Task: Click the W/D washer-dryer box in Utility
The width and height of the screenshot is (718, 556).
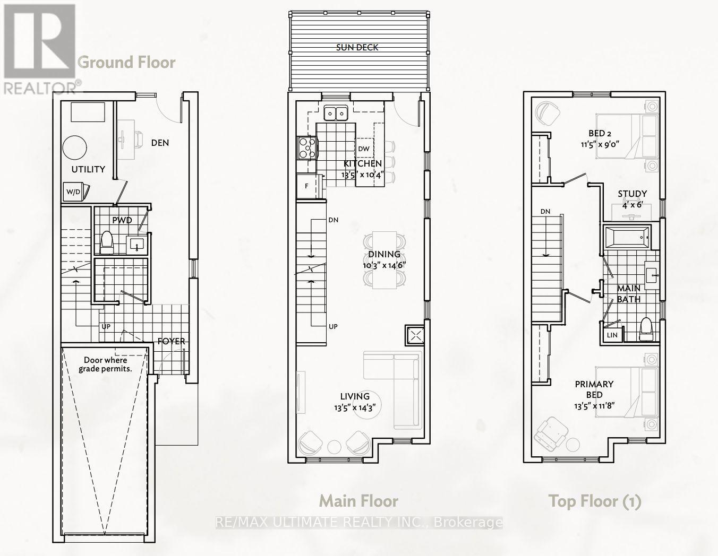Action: point(73,192)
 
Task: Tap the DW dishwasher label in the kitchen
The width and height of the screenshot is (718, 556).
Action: point(363,149)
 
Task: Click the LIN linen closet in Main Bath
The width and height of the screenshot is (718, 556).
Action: point(612,335)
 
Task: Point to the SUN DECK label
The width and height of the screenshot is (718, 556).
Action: point(357,48)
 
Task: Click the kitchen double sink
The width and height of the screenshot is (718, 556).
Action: point(336,114)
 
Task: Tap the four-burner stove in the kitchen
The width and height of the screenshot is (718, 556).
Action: point(306,148)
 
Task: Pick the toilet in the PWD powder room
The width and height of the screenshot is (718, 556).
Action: point(106,242)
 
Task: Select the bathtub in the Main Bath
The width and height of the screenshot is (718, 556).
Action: point(627,237)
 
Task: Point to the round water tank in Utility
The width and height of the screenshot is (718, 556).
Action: point(75,148)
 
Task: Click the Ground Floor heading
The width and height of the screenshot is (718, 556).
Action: point(126,63)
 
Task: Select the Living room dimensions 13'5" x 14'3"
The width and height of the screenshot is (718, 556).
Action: point(355,408)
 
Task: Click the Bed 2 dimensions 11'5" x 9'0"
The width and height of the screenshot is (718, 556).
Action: point(600,144)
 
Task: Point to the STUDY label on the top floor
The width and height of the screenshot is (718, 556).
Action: point(632,194)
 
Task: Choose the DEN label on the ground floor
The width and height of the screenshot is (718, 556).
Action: point(160,143)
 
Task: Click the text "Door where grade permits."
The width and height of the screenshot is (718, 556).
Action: point(105,364)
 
